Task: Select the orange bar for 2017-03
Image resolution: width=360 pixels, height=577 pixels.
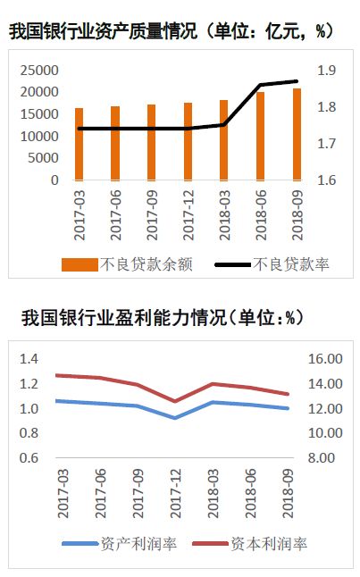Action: pos(79,145)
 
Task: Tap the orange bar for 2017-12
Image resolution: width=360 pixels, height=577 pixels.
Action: pos(188,142)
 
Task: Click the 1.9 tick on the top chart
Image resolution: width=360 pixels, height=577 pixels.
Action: pos(326,70)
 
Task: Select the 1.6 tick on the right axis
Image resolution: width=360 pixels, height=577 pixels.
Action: pos(326,180)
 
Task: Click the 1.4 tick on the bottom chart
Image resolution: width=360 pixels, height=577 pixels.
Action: pos(29,358)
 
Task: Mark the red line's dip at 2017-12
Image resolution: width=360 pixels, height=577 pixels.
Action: pos(175,401)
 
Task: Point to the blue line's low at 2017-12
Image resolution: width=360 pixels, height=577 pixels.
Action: pos(175,417)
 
